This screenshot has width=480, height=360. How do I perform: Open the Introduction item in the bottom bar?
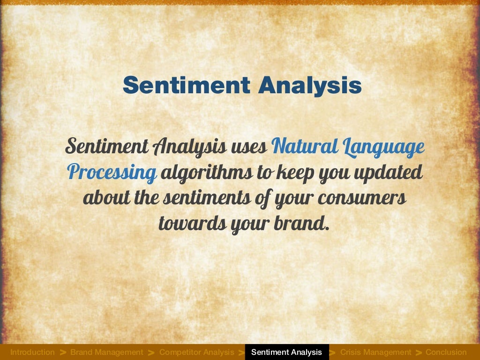[32, 352]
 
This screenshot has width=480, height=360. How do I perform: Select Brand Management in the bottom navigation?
[106, 352]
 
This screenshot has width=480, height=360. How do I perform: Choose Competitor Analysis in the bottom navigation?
[196, 352]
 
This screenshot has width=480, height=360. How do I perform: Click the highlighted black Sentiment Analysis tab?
[286, 352]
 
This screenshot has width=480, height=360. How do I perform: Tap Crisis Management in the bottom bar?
[375, 352]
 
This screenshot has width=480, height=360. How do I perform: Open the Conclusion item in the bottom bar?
[446, 352]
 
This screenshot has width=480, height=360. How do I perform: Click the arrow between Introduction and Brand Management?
[63, 352]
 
